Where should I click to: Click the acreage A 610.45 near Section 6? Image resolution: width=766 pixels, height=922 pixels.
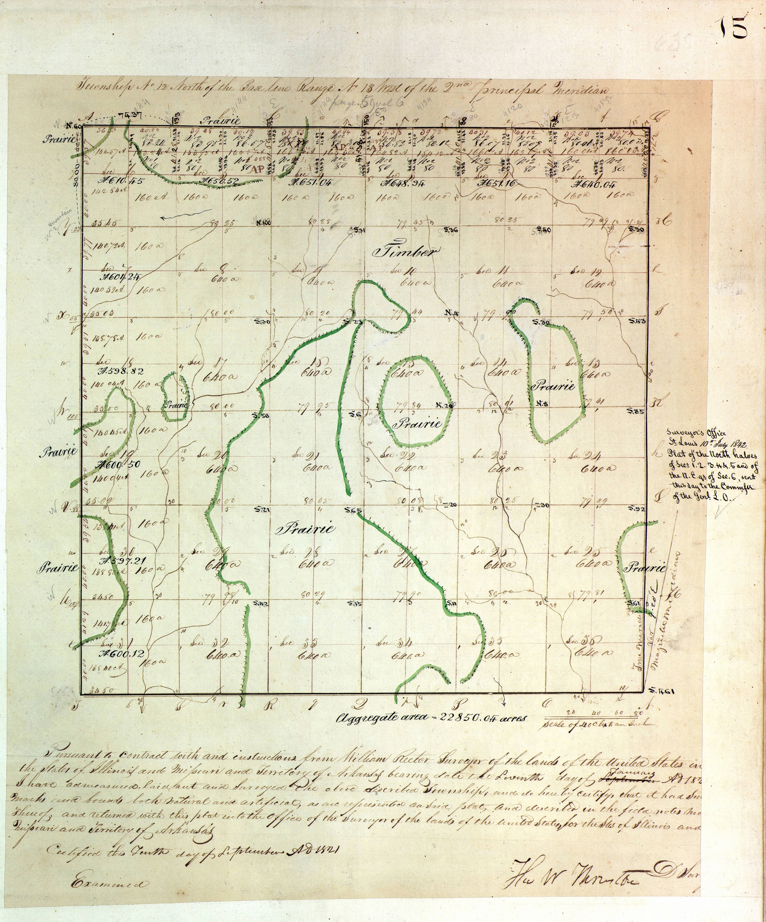pyautogui.click(x=116, y=181)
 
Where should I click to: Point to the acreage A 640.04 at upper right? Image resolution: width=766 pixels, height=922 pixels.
pyautogui.click(x=595, y=184)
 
